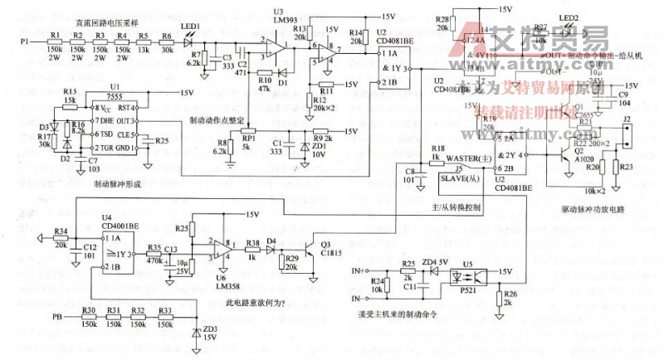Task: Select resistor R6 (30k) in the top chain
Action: pyautogui.click(x=167, y=40)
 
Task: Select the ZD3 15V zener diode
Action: pyautogui.click(x=196, y=332)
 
